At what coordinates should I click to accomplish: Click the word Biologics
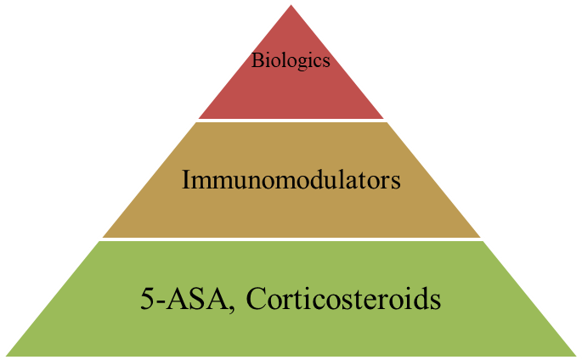[291, 61]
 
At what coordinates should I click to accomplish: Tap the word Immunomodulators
[291, 180]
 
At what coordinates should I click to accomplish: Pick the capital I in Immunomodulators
[186, 180]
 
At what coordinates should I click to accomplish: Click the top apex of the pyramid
[291, 3]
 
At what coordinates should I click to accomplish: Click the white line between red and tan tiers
[291, 120]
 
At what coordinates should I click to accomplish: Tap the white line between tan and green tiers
[291, 239]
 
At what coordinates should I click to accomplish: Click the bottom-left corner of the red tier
[197, 118]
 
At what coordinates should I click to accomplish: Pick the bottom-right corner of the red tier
[385, 118]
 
